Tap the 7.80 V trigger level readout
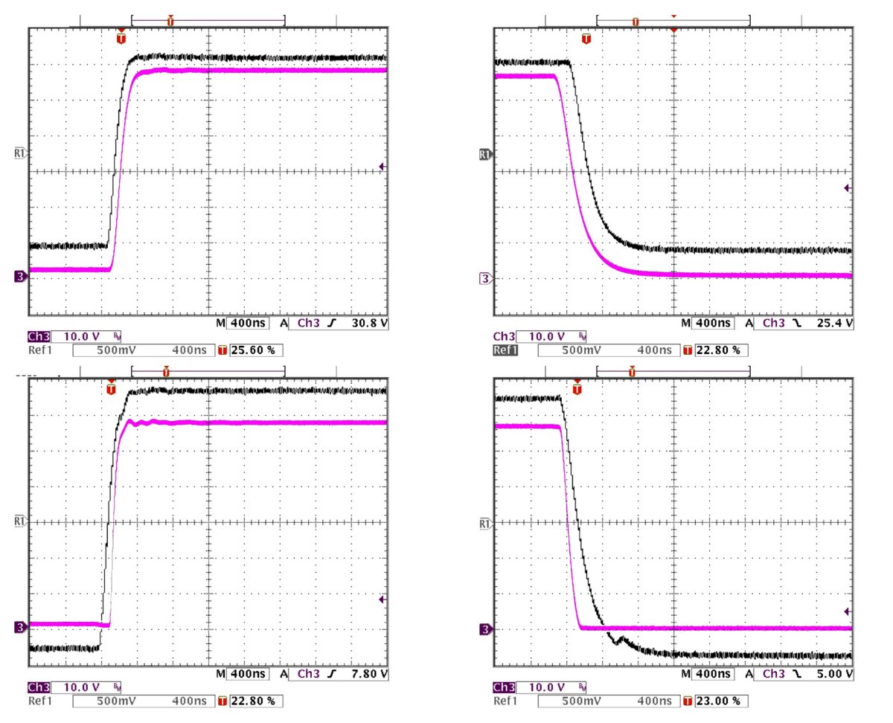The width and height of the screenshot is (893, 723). coord(371,675)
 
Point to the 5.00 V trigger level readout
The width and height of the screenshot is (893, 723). coord(835,675)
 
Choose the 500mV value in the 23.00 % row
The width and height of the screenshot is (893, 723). coord(580,701)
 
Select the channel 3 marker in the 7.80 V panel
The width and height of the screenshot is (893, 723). coord(19,628)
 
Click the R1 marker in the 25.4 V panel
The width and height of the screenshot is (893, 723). coord(485,155)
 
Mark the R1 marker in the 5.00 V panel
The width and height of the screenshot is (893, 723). coord(485,524)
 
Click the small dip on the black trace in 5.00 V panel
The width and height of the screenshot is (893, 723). coord(616,640)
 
